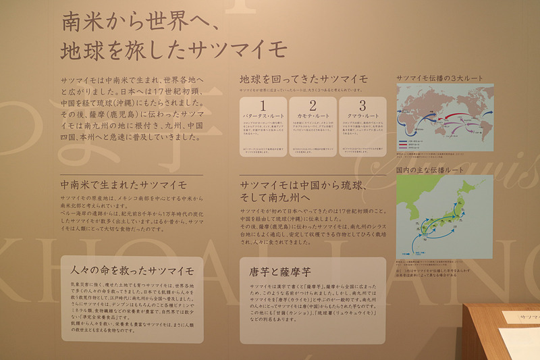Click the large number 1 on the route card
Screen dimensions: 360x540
pyautogui.click(x=263, y=105)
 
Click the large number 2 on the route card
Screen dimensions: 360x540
pyautogui.click(x=313, y=105)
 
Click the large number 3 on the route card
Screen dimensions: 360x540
pyautogui.click(x=362, y=105)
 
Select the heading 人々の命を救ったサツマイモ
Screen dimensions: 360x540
pyautogui.click(x=132, y=271)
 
